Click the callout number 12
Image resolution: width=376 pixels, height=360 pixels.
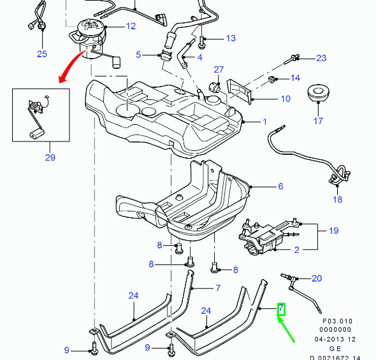(131, 27)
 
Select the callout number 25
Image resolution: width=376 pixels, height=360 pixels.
(41, 54)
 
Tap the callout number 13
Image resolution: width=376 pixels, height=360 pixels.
(230, 38)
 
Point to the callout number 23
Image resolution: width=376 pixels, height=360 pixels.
(321, 58)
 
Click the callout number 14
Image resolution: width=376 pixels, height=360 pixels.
(294, 78)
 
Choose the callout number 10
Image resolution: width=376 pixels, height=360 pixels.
(285, 99)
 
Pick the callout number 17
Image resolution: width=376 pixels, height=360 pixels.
(318, 120)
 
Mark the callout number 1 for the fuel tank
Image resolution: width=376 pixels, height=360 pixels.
(266, 121)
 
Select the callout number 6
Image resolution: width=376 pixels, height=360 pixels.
(280, 187)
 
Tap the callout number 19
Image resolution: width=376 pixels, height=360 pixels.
(333, 231)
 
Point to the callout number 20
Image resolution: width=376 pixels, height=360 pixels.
(317, 278)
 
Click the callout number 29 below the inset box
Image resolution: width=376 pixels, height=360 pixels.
(50, 158)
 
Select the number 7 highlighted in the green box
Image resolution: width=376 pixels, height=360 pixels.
(281, 310)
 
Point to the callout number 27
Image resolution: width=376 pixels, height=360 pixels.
(219, 69)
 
